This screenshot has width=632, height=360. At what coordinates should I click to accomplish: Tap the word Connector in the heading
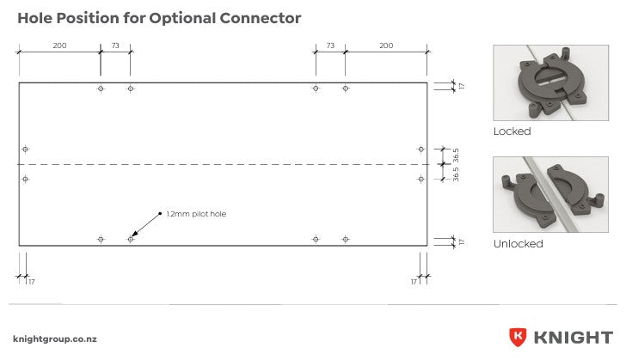point(261,18)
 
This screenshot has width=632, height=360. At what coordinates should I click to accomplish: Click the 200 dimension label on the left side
point(59,46)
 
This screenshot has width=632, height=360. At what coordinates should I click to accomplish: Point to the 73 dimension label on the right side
point(330,46)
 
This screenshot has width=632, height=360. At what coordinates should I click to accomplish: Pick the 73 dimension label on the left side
point(115,46)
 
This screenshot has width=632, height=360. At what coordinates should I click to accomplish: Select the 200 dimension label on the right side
point(386,46)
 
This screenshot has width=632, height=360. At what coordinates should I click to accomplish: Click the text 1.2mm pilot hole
point(196,214)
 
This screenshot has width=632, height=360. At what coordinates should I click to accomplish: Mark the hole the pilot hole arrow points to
point(130,239)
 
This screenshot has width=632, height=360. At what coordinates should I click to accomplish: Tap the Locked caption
point(512,131)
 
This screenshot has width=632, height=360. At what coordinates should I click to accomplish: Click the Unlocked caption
point(518,244)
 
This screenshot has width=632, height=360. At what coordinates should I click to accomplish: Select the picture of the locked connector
point(550,82)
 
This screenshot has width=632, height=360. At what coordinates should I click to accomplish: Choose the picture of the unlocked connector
point(550,194)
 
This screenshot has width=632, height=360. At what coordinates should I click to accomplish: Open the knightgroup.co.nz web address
point(55,339)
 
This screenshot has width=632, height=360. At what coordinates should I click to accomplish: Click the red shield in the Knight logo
point(518,337)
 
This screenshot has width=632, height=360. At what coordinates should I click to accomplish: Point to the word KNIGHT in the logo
point(574,338)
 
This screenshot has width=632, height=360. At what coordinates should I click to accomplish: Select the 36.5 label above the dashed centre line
point(456,156)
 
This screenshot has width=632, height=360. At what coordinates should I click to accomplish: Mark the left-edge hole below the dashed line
point(26,179)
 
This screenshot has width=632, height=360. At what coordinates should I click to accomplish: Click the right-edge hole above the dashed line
point(420,149)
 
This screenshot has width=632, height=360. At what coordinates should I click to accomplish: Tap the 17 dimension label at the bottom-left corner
point(32,282)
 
